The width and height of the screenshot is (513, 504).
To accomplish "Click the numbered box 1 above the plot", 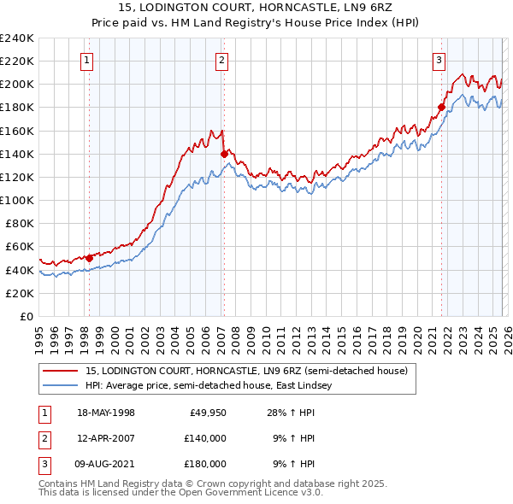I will [89, 60].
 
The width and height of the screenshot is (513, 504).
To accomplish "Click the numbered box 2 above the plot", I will [221, 60].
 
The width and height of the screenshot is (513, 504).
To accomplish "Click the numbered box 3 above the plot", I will [438, 60].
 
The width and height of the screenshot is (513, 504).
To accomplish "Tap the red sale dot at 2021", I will [442, 108].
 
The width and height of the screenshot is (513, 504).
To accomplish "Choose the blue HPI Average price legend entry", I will [213, 386].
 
